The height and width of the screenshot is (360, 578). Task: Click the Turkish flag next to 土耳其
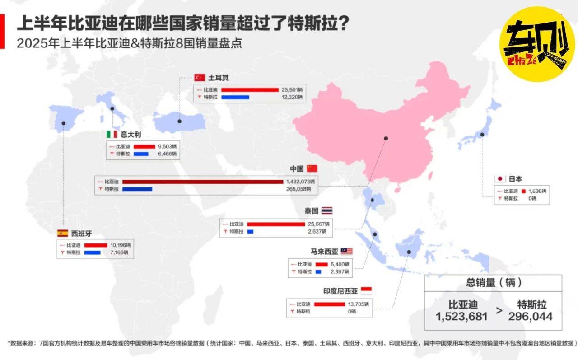point(200,77)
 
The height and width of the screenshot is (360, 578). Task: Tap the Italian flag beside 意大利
point(112,134)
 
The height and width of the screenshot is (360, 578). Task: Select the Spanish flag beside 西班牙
point(62,233)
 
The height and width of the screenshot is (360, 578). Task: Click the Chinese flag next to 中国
point(312,168)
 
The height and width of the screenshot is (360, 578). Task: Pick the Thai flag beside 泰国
point(327,210)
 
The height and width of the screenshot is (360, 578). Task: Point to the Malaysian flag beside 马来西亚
point(347,252)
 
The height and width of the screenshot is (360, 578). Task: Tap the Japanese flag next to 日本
point(500,178)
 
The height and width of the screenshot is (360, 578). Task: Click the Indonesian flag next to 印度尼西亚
point(366,290)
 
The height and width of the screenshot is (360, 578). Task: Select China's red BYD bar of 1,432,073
point(203,182)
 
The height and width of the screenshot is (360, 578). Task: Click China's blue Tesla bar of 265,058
point(137,189)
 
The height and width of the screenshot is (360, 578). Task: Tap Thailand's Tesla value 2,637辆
point(319,232)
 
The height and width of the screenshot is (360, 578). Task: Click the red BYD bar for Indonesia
point(330,304)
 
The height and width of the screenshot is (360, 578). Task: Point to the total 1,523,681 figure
point(462,317)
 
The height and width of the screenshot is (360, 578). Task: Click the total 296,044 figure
point(531,317)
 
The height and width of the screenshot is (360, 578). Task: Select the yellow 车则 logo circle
point(537,44)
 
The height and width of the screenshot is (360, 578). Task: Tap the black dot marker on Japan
point(482,134)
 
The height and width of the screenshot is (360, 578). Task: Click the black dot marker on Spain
point(64,122)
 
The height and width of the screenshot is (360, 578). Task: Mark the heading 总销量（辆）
point(494,283)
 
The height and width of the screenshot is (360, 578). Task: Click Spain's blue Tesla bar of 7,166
point(92,252)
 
